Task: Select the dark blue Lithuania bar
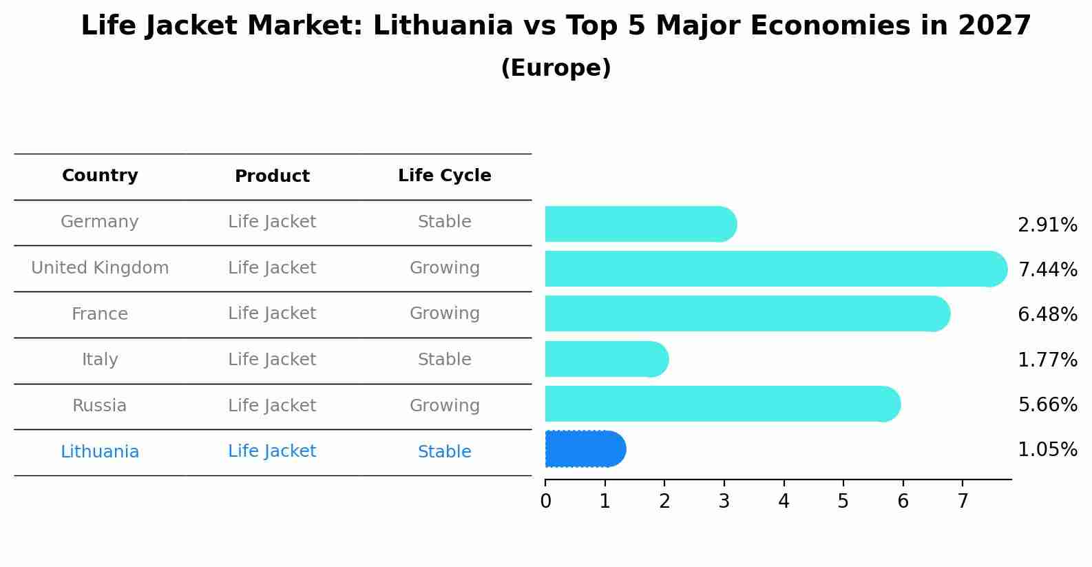pyautogui.click(x=585, y=449)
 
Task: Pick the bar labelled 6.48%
pyautogui.click(x=747, y=313)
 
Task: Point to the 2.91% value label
pyautogui.click(x=1047, y=225)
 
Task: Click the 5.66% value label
pyautogui.click(x=1047, y=404)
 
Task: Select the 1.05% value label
pyautogui.click(x=1047, y=450)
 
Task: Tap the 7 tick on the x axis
pyautogui.click(x=963, y=502)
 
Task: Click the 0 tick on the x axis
pyautogui.click(x=545, y=502)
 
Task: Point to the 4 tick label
pyautogui.click(x=784, y=502)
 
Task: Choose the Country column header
pyautogui.click(x=100, y=176)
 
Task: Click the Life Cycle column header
pyautogui.click(x=445, y=176)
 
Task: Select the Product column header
pyautogui.click(x=272, y=176)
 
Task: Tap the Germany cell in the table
pyautogui.click(x=100, y=222)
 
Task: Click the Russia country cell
pyautogui.click(x=100, y=406)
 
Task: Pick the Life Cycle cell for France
pyautogui.click(x=445, y=313)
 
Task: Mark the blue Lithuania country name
pyautogui.click(x=100, y=452)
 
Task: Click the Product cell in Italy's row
pyautogui.click(x=272, y=360)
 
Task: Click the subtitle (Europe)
pyautogui.click(x=556, y=68)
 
